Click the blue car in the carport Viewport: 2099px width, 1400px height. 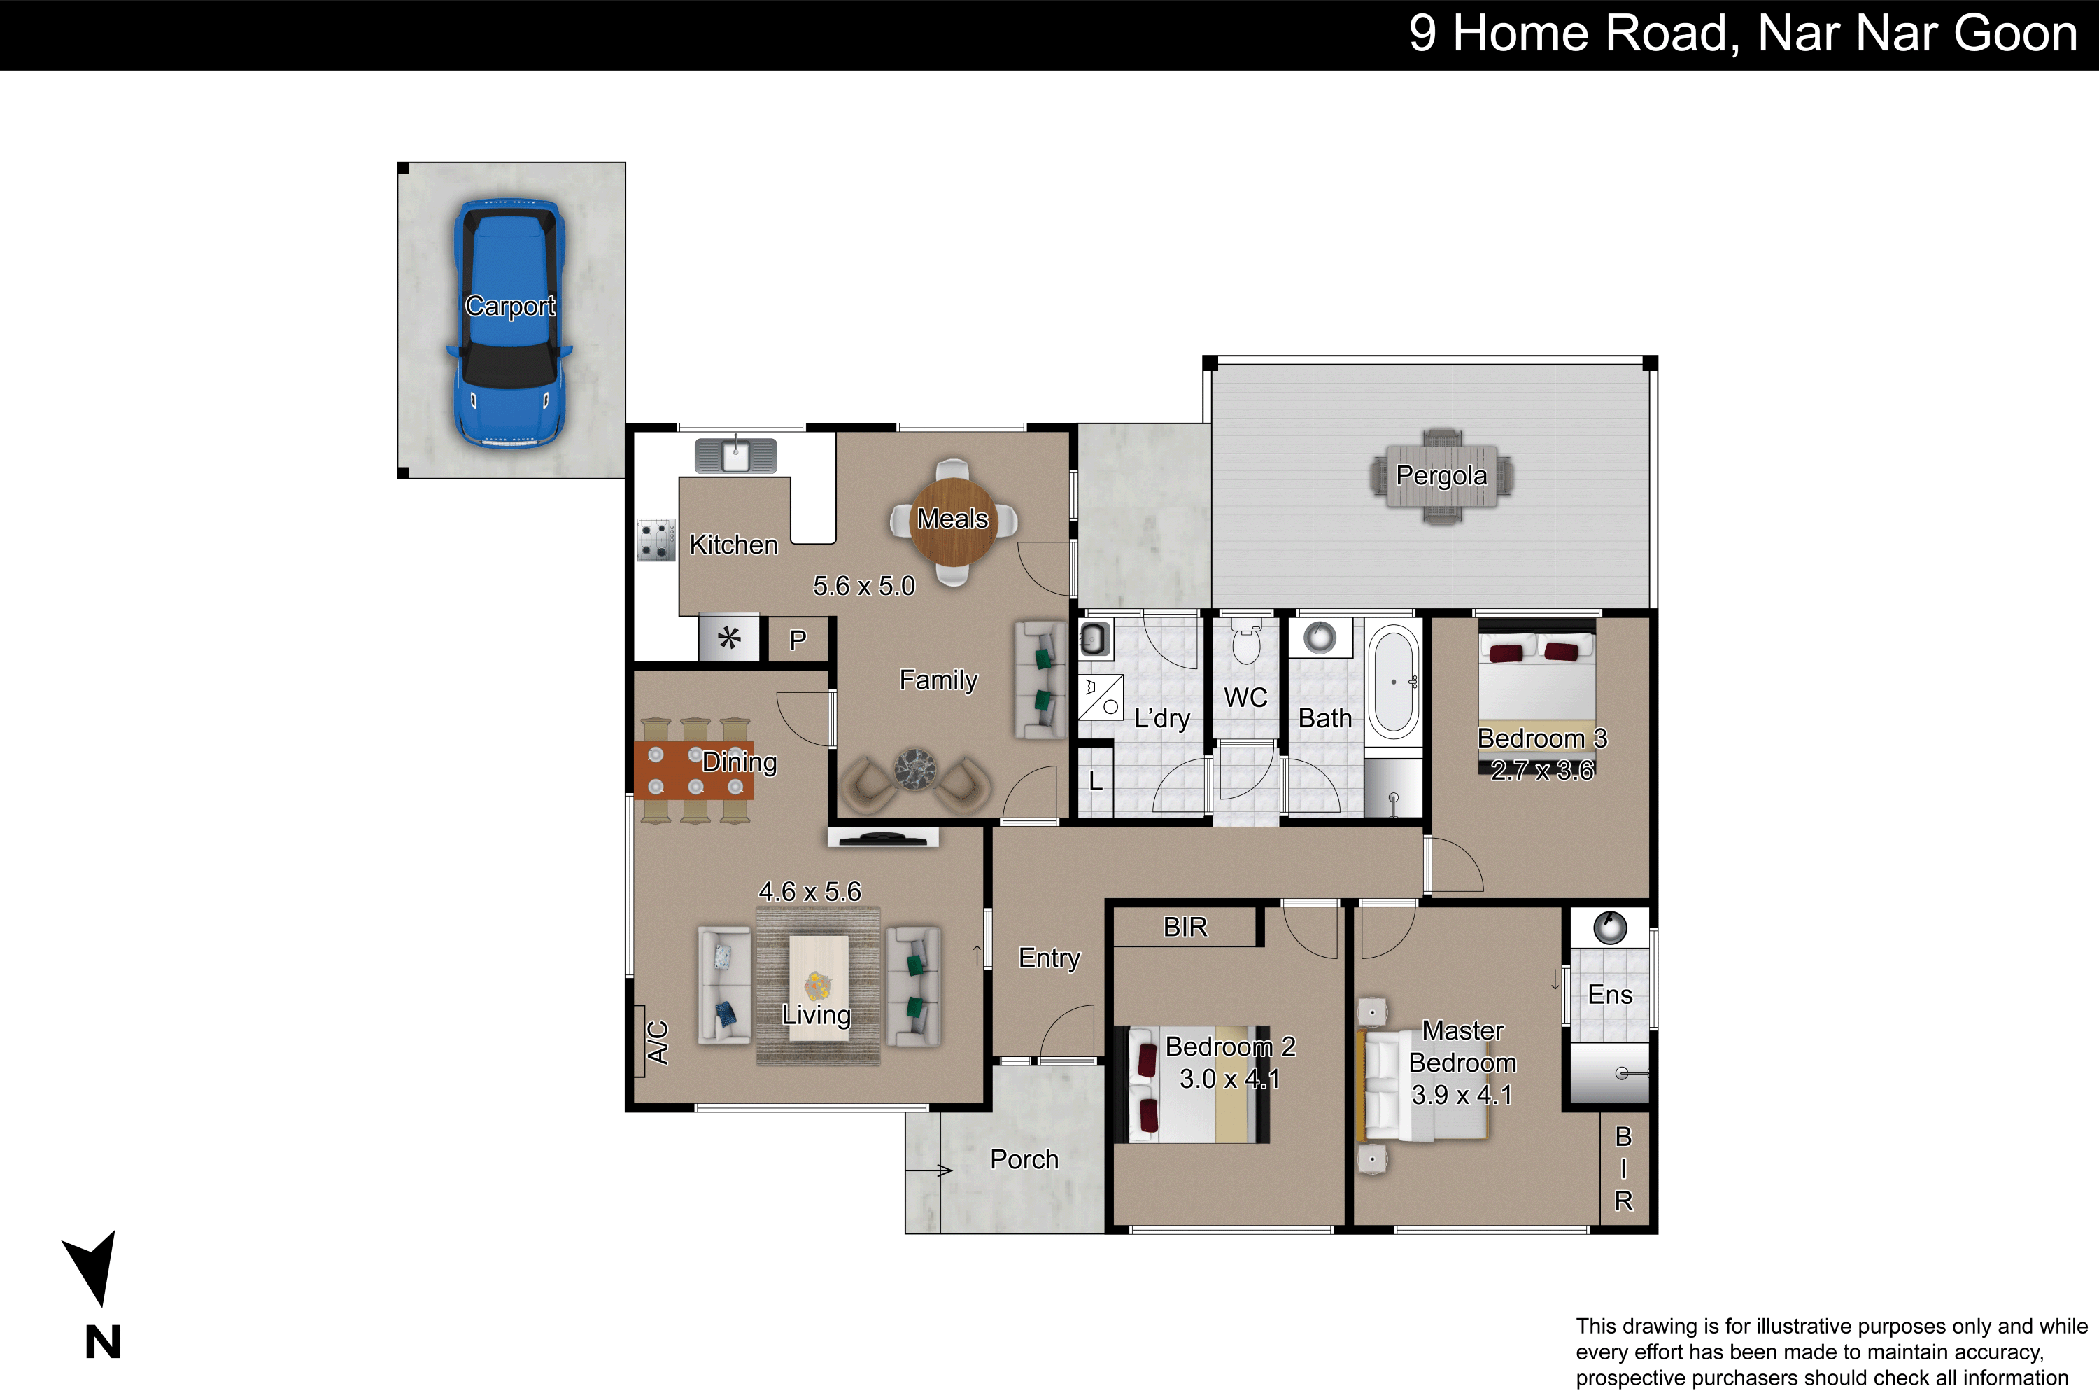(x=509, y=323)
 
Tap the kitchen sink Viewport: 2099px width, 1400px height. (x=735, y=456)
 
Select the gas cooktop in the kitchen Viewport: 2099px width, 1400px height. (x=656, y=540)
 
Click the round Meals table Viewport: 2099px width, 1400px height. (x=953, y=521)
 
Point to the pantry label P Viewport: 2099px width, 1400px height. (x=798, y=639)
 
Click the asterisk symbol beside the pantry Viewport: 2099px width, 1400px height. (x=729, y=639)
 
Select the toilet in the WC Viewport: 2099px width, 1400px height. (x=1246, y=644)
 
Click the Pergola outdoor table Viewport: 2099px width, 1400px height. (x=1441, y=477)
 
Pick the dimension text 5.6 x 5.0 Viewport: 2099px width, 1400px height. (x=864, y=587)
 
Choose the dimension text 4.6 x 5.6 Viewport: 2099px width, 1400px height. (x=810, y=891)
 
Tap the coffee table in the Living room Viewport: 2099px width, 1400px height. (x=819, y=986)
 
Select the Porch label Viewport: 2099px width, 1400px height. (x=1024, y=1159)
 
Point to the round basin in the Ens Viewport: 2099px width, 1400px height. (x=1610, y=927)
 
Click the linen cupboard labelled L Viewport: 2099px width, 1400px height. (x=1096, y=781)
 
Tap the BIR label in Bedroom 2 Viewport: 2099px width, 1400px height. (x=1185, y=927)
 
